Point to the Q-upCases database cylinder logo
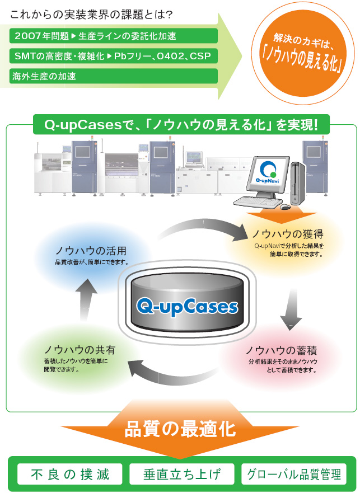(187, 306)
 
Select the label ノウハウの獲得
(287, 233)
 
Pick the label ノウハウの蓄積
(282, 351)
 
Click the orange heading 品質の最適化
(180, 429)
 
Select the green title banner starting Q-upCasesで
(181, 124)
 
